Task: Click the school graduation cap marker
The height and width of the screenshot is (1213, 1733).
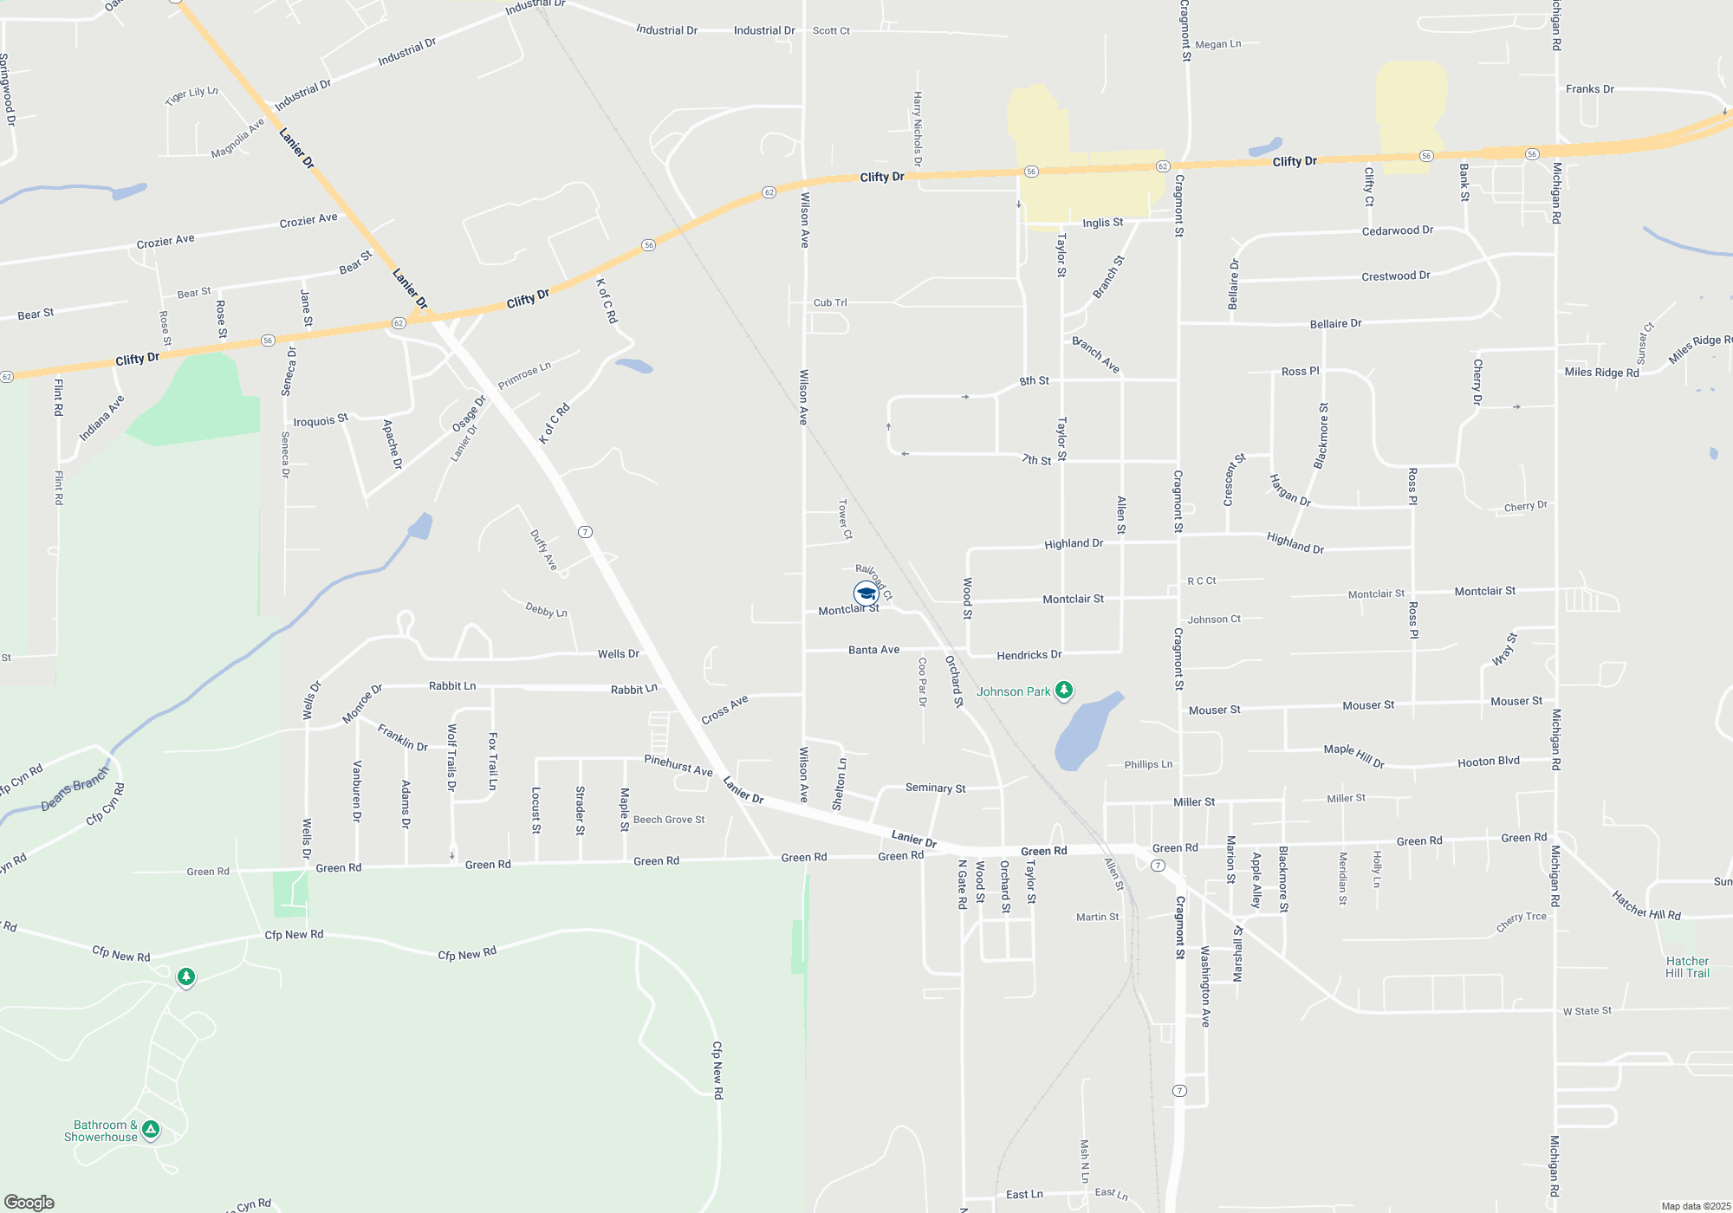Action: coord(866,594)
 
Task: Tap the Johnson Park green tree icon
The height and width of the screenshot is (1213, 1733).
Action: coord(1064,691)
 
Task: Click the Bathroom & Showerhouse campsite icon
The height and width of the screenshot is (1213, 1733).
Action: coord(151,1129)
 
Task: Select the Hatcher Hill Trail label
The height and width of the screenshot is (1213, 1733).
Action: coord(1687,967)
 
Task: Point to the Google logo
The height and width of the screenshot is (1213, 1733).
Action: coord(29,1203)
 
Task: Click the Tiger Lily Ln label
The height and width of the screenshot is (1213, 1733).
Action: coord(191,94)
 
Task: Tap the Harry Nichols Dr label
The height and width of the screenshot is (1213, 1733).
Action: coord(918,129)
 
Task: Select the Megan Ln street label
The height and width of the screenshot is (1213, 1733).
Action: coord(1217,44)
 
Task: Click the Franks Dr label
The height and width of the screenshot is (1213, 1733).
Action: coord(1589,89)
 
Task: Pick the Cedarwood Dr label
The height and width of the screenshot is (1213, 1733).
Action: coord(1397,231)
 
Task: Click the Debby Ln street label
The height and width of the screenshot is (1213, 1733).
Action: coord(546,610)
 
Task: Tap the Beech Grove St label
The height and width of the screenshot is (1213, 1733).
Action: coord(669,820)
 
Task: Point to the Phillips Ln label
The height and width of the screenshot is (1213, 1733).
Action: coord(1148,764)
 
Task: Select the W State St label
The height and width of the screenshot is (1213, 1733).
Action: coord(1587,1011)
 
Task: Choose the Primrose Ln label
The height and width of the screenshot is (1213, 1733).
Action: coord(524,376)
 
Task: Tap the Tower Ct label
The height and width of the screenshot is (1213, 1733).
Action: coord(844,519)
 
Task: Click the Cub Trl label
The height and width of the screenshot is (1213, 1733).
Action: coord(830,302)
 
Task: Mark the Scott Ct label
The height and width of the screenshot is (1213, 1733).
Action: coord(831,30)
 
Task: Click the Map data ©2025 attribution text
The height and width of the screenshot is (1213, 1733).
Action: coord(1696,1206)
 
